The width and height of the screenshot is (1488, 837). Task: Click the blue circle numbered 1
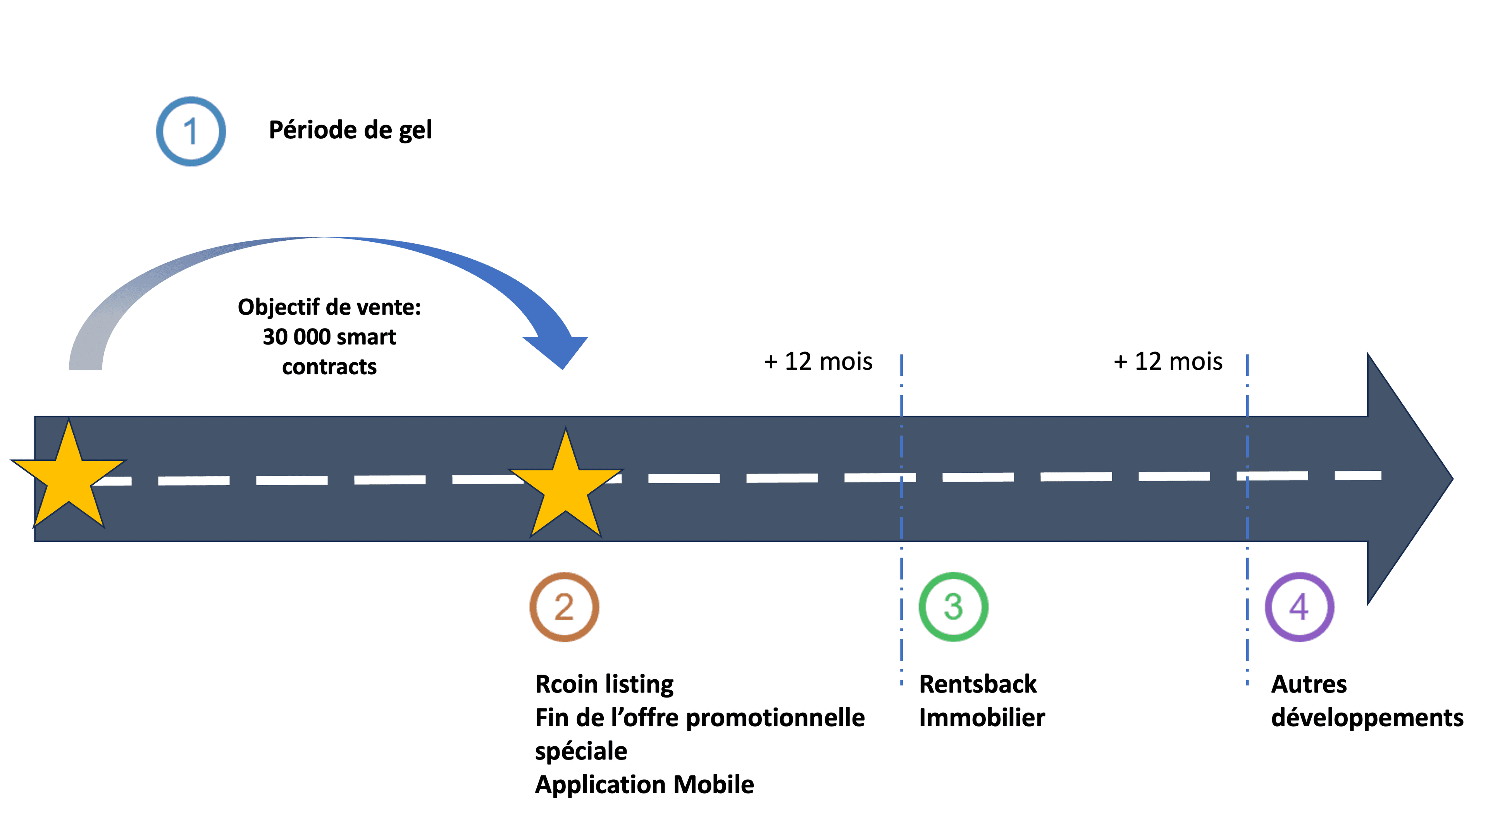click(x=191, y=132)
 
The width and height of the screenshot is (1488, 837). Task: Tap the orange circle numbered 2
click(x=564, y=607)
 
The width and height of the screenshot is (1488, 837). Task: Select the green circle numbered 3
click(x=953, y=607)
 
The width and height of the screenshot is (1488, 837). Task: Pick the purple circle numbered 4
click(x=1299, y=607)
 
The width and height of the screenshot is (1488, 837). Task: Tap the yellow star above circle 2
click(x=565, y=485)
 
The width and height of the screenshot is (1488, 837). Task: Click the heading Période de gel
click(x=350, y=130)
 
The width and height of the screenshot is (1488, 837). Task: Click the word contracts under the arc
click(x=329, y=367)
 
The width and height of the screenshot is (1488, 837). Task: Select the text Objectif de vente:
click(x=329, y=307)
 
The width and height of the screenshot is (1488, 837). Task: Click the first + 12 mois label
click(x=818, y=362)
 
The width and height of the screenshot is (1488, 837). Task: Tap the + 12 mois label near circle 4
click(x=1168, y=362)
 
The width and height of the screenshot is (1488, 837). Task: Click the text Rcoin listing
click(x=604, y=684)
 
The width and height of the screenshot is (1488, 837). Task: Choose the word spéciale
click(x=580, y=751)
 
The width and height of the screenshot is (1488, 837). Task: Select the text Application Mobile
click(x=644, y=784)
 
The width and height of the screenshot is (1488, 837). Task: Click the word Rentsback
click(x=977, y=684)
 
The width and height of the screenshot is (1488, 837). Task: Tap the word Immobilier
click(x=982, y=718)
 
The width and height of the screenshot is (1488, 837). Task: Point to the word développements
click(x=1367, y=718)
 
